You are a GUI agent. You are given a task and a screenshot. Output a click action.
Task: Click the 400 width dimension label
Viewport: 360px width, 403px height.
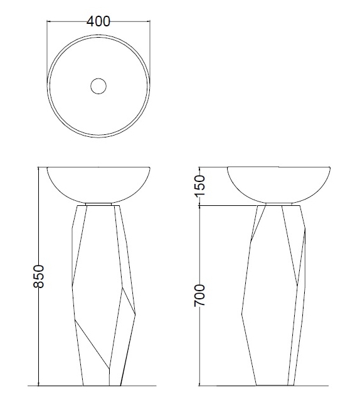[x=99, y=21]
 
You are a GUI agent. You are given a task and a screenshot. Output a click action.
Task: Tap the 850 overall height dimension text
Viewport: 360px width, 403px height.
[x=37, y=276]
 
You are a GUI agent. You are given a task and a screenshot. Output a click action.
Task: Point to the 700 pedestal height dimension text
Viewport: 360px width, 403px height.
[x=200, y=295]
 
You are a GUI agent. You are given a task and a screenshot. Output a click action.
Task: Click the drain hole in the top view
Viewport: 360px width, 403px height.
[x=98, y=86]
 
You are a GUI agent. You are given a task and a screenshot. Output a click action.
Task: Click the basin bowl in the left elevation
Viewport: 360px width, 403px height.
[x=98, y=183]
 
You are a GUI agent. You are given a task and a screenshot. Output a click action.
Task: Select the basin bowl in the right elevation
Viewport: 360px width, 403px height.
[x=278, y=183]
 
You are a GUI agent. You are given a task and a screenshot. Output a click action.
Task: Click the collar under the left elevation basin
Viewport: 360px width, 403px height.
[x=99, y=204]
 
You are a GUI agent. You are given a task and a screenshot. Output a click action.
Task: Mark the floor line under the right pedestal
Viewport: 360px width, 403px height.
[x=276, y=385]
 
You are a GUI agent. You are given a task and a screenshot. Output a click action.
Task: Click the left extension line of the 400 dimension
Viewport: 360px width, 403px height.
[x=48, y=44]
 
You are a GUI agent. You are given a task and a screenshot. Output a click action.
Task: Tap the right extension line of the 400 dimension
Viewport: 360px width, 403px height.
[x=150, y=44]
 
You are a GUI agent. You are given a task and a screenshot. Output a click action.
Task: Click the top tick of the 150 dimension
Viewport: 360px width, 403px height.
[x=200, y=167]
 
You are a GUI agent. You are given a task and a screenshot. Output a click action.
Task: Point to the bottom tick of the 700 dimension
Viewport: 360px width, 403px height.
[x=200, y=385]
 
